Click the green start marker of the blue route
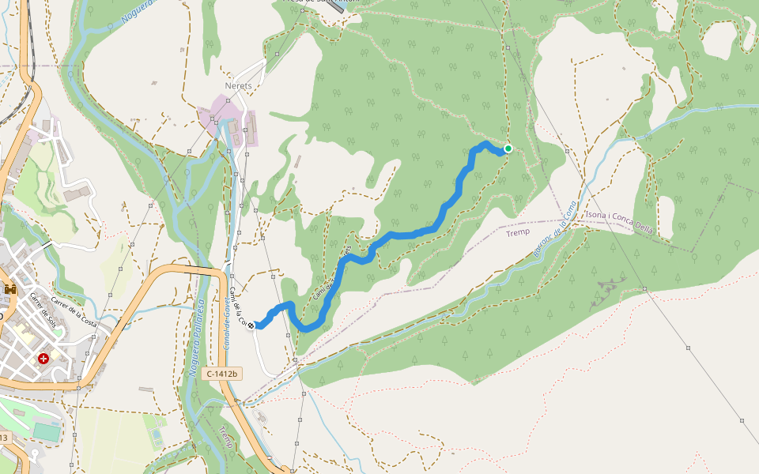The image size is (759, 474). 508,149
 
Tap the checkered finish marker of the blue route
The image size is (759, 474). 251,325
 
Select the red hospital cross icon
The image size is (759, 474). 43,359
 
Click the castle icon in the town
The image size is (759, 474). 11,290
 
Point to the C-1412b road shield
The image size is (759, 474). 221,373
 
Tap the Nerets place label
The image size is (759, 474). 238,85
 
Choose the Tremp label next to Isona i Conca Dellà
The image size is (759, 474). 518,233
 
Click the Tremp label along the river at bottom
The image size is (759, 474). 225,436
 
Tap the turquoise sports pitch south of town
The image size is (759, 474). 47,432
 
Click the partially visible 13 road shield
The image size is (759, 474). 4,437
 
